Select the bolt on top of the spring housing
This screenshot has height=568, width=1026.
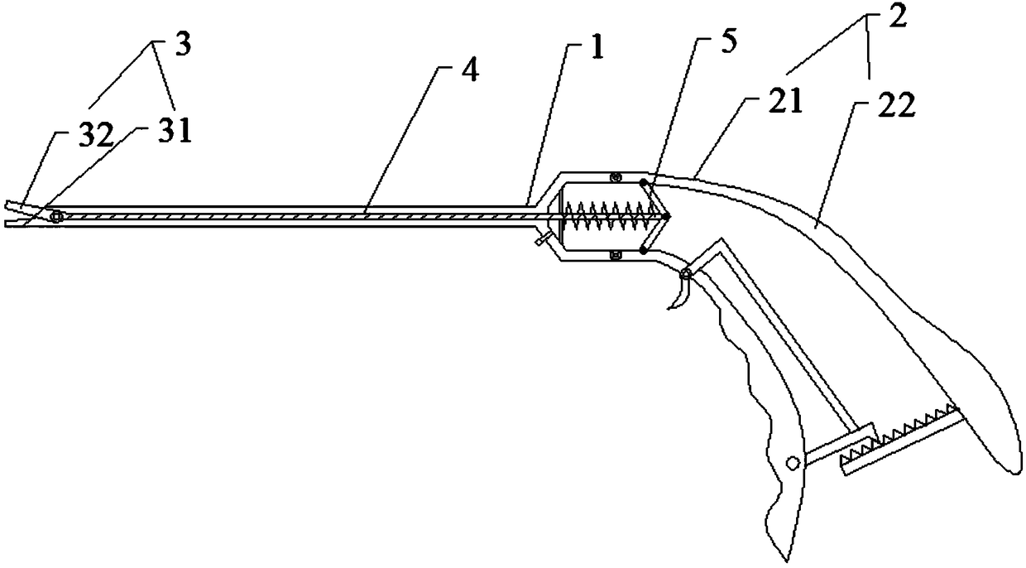[x=615, y=176]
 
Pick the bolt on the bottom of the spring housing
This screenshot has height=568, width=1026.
[x=615, y=256]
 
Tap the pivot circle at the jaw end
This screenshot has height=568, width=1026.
[x=56, y=217]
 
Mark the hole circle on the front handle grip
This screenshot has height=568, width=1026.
[x=792, y=463]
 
